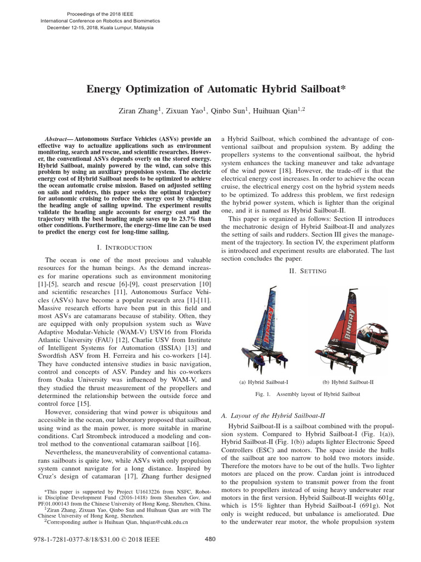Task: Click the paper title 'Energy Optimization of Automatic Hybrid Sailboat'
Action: click(x=210, y=89)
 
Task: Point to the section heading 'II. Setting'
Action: click(x=307, y=271)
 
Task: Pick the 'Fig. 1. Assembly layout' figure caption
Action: click(x=307, y=394)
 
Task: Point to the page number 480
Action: click(x=210, y=539)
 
